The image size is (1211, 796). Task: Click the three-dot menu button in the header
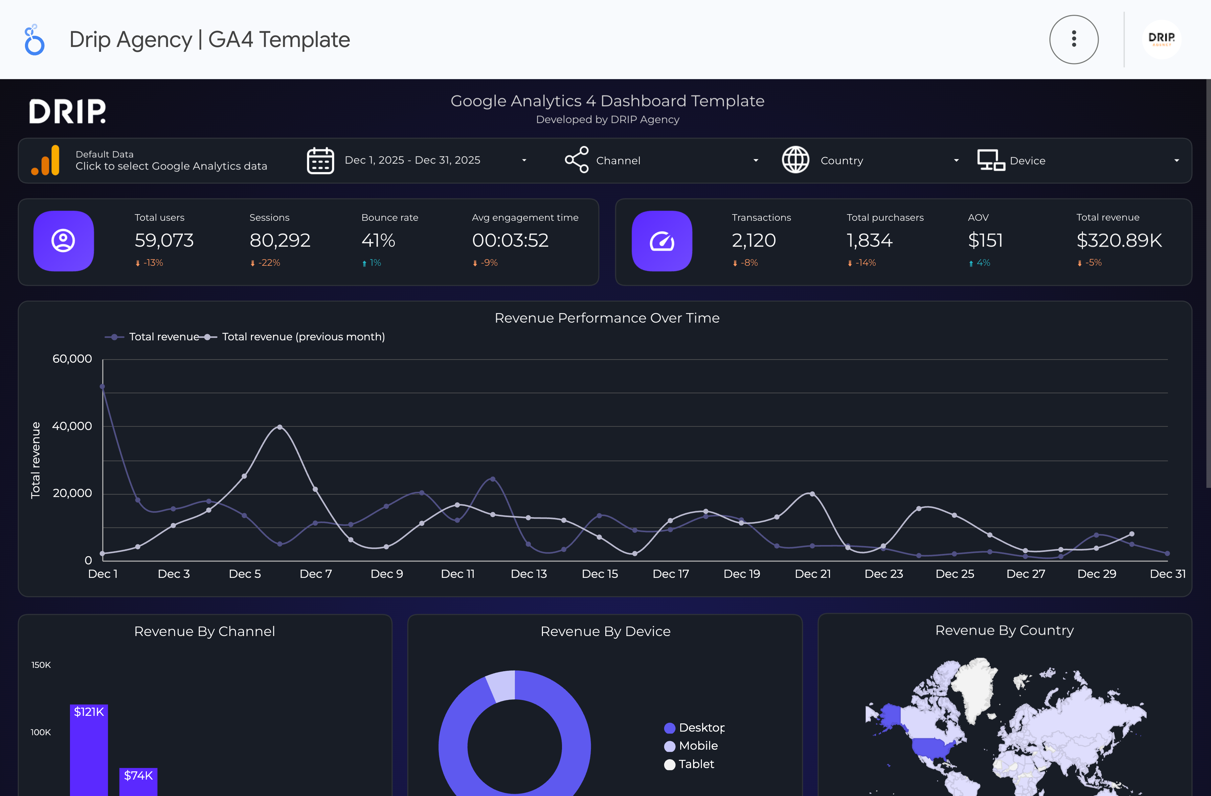[1074, 39]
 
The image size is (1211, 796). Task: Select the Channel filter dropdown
[662, 160]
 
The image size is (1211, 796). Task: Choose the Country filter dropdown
[870, 160]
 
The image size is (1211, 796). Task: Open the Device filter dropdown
[1079, 160]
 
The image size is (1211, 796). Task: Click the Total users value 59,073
[164, 240]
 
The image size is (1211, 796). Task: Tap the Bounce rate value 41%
[378, 240]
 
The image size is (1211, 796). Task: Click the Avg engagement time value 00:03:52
[510, 240]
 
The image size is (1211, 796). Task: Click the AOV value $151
[985, 240]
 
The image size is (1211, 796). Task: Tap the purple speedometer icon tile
[662, 241]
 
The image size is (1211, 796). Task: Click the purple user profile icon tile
[64, 241]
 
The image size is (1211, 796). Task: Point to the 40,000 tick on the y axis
[72, 426]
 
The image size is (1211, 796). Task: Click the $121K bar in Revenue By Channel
[89, 748]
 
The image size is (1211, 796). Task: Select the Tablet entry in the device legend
[696, 764]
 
